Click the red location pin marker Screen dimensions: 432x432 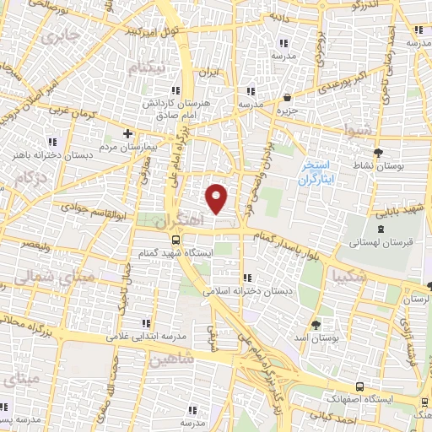217,197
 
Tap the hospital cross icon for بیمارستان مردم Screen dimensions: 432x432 127,133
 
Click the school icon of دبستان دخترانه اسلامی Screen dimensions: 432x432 246,278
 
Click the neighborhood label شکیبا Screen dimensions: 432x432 349,277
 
